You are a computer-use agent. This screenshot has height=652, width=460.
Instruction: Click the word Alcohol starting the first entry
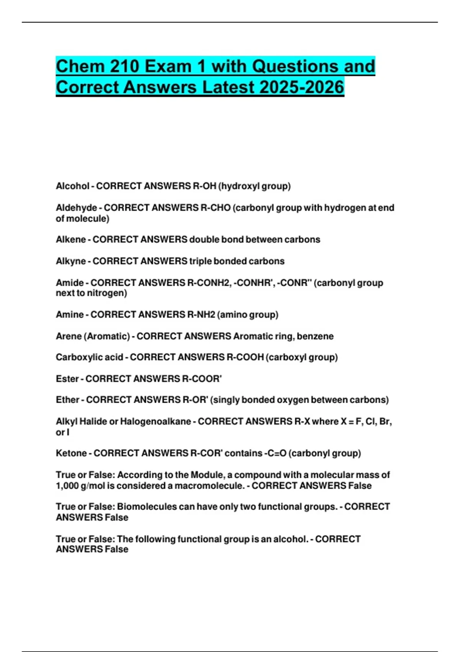[x=72, y=186]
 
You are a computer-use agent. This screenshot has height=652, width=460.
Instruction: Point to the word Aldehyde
[x=76, y=207]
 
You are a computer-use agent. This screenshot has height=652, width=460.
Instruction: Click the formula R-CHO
[x=215, y=207]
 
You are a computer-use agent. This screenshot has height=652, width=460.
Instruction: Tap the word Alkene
[x=71, y=239]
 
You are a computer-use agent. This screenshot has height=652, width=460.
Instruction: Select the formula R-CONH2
[x=209, y=283]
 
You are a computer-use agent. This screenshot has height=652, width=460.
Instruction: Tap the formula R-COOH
[x=245, y=357]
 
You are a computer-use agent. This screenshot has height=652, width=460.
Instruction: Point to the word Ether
[x=67, y=400]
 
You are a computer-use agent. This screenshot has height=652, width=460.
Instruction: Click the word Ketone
[x=71, y=453]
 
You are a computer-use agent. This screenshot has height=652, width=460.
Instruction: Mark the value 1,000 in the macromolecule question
[x=67, y=486]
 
